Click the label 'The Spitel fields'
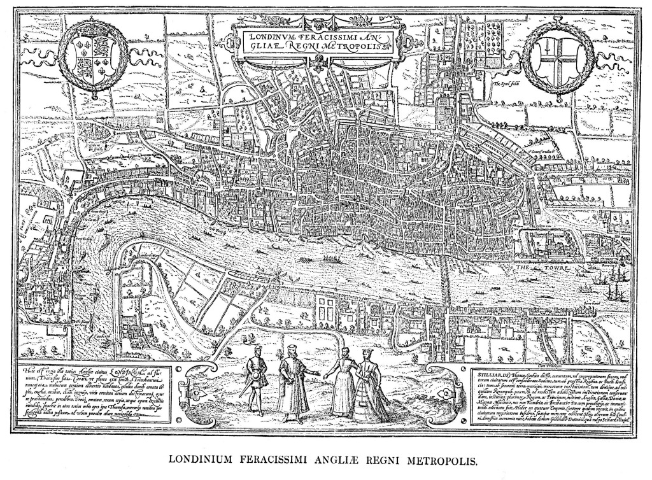pos(508,82)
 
